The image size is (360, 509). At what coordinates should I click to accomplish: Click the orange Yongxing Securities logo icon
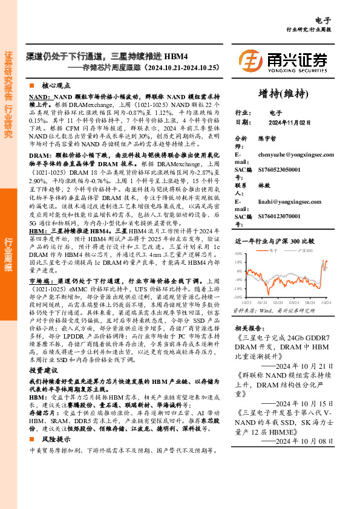(250, 60)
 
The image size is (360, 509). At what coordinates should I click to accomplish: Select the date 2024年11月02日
(290, 123)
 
